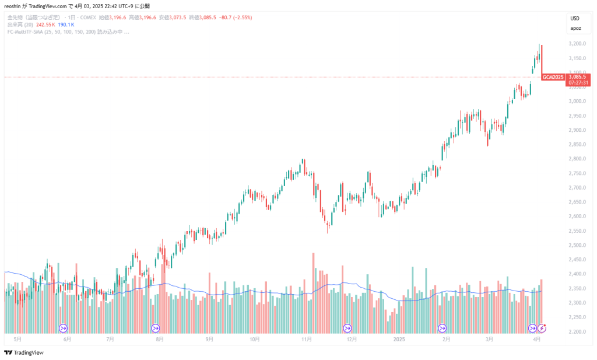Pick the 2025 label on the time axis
pos(399,338)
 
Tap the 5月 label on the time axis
pos(17,338)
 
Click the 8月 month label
pos(159,338)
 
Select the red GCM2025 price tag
pos(553,77)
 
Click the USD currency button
pos(575,18)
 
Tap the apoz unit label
pos(575,27)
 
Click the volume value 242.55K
pos(44,25)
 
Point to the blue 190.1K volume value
pos(66,25)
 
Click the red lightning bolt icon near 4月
pos(543,328)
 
